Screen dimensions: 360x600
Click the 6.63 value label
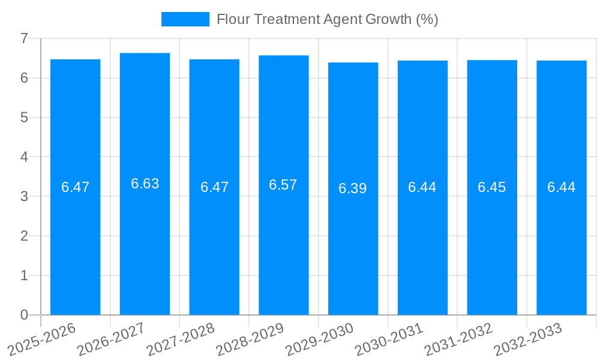(145, 184)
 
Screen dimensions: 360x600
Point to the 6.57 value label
(283, 185)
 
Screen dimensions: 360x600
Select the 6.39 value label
(353, 188)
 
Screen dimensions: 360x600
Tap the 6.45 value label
(492, 187)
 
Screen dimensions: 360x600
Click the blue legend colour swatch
(185, 19)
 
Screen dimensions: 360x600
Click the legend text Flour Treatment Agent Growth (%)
(327, 19)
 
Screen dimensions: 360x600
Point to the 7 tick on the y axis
(24, 38)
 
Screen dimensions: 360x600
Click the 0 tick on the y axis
(24, 315)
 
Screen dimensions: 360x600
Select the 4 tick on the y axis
(24, 157)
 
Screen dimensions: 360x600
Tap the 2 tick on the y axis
(24, 236)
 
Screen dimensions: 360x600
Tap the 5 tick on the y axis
(24, 118)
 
